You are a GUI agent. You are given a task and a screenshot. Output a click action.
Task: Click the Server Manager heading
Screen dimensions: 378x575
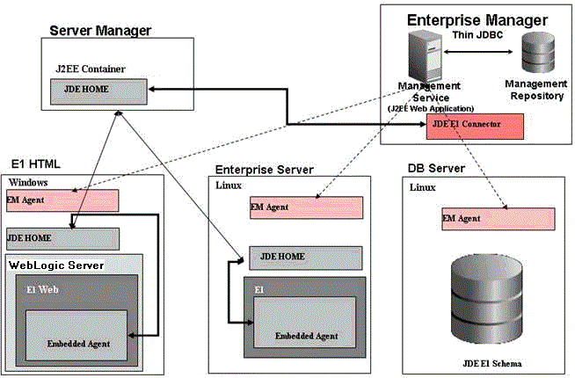(100, 31)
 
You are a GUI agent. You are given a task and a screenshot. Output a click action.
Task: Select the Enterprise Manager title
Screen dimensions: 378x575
(477, 19)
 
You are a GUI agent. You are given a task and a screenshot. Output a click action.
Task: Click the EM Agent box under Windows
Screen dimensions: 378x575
(62, 200)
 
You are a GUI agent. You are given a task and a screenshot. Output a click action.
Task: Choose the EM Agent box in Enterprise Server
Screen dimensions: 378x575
(304, 207)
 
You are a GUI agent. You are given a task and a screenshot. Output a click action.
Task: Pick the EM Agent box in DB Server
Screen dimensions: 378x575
(498, 219)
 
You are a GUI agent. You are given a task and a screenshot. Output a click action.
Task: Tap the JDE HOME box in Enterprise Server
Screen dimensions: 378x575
(304, 257)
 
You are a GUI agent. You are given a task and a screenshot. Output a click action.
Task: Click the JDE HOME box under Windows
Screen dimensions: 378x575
(62, 237)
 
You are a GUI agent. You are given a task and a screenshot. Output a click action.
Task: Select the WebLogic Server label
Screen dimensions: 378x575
(56, 265)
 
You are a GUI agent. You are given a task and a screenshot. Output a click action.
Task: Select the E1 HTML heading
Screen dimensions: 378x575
(36, 164)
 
